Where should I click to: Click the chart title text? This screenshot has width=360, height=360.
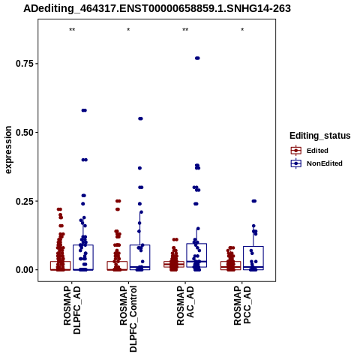coord(157,8)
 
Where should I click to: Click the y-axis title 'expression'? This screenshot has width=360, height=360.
coord(8,150)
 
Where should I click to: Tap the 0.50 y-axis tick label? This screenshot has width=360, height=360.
coord(25,132)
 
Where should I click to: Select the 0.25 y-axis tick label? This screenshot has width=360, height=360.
coord(25,201)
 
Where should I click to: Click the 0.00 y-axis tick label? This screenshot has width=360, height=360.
coord(25,270)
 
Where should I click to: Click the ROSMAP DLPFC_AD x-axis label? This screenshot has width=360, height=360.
coord(72,310)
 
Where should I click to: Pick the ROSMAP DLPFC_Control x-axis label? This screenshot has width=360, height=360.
coord(128,319)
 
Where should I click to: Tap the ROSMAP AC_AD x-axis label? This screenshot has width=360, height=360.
coord(185,305)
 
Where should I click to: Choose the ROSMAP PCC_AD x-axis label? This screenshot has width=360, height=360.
coord(242,305)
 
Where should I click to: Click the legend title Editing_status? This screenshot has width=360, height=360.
coord(320,136)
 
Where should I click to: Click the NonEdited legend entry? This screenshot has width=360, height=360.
coord(316,163)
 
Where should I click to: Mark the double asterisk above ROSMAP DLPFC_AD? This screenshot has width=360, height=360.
coord(72,30)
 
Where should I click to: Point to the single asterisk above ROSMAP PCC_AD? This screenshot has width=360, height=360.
coord(242,30)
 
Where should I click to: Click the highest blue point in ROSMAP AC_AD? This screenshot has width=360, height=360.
coord(197,58)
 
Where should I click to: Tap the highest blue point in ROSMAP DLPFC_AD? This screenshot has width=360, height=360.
coord(84,110)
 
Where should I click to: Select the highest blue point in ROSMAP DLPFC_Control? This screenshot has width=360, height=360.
coord(140,118)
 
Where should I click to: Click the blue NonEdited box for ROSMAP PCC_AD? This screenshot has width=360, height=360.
coord(253,258)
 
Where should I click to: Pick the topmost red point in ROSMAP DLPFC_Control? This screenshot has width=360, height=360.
coord(118,201)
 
